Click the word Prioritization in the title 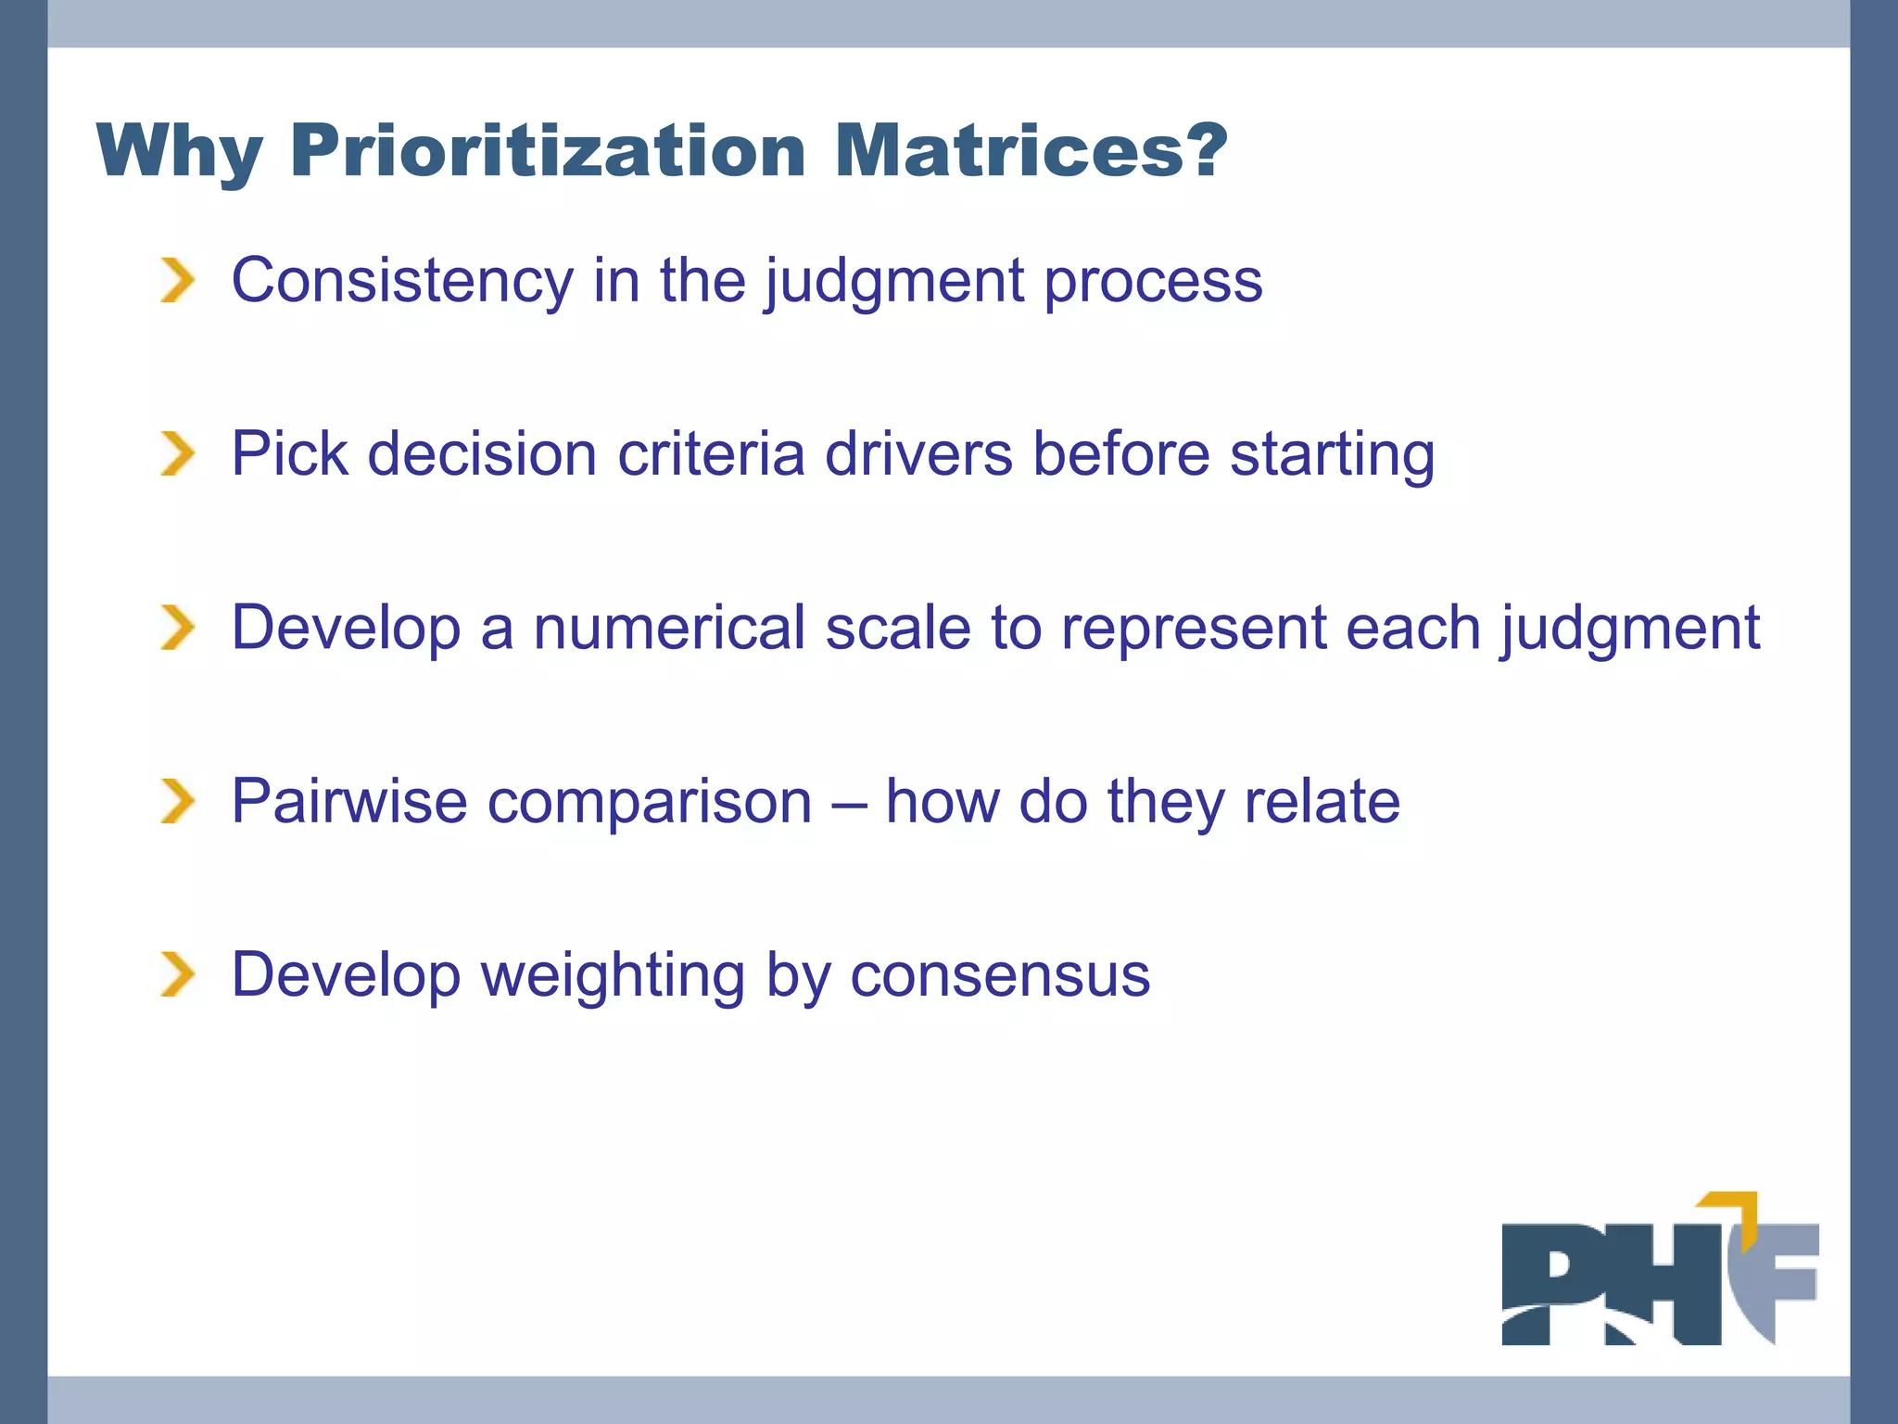(547, 150)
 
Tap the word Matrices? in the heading (1031, 150)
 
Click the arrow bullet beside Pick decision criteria (177, 454)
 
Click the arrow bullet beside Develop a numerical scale (177, 628)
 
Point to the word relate (1322, 801)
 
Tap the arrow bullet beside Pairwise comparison (177, 801)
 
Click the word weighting (613, 976)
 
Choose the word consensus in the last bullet (1000, 976)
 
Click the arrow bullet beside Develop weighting (177, 974)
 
